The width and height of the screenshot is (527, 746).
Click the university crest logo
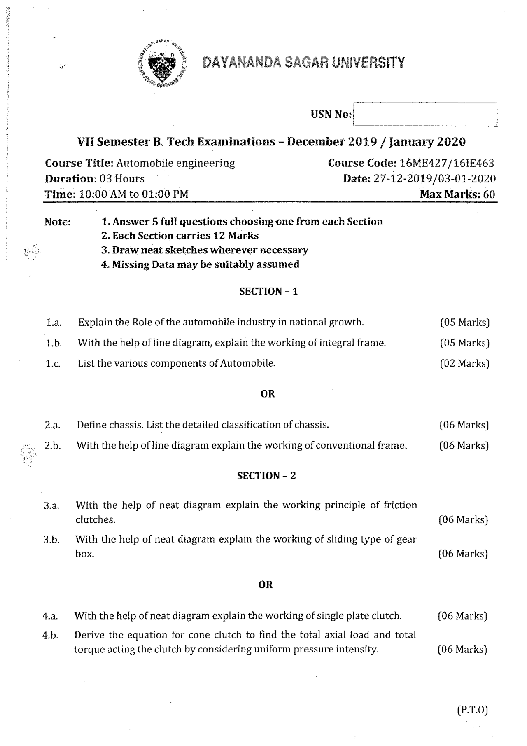(x=162, y=64)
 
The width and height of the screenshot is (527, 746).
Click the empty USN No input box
(x=425, y=115)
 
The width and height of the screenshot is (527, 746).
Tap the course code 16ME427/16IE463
(x=447, y=163)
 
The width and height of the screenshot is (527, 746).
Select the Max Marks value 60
(x=489, y=194)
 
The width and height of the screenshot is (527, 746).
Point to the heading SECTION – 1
(x=268, y=292)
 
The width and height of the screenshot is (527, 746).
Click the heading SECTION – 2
(x=266, y=476)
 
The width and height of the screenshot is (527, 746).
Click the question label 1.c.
(x=53, y=364)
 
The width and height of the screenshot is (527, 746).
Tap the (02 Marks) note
(x=464, y=363)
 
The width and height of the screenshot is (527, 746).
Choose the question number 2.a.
(x=53, y=425)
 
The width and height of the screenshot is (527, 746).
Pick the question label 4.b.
(x=50, y=636)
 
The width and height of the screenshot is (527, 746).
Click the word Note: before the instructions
(x=58, y=222)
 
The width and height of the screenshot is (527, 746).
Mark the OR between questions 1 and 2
(x=268, y=394)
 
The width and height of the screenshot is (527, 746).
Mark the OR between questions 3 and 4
(x=266, y=585)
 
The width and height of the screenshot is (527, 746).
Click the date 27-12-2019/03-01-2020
(x=434, y=179)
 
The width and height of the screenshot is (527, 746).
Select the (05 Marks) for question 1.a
(x=464, y=322)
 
